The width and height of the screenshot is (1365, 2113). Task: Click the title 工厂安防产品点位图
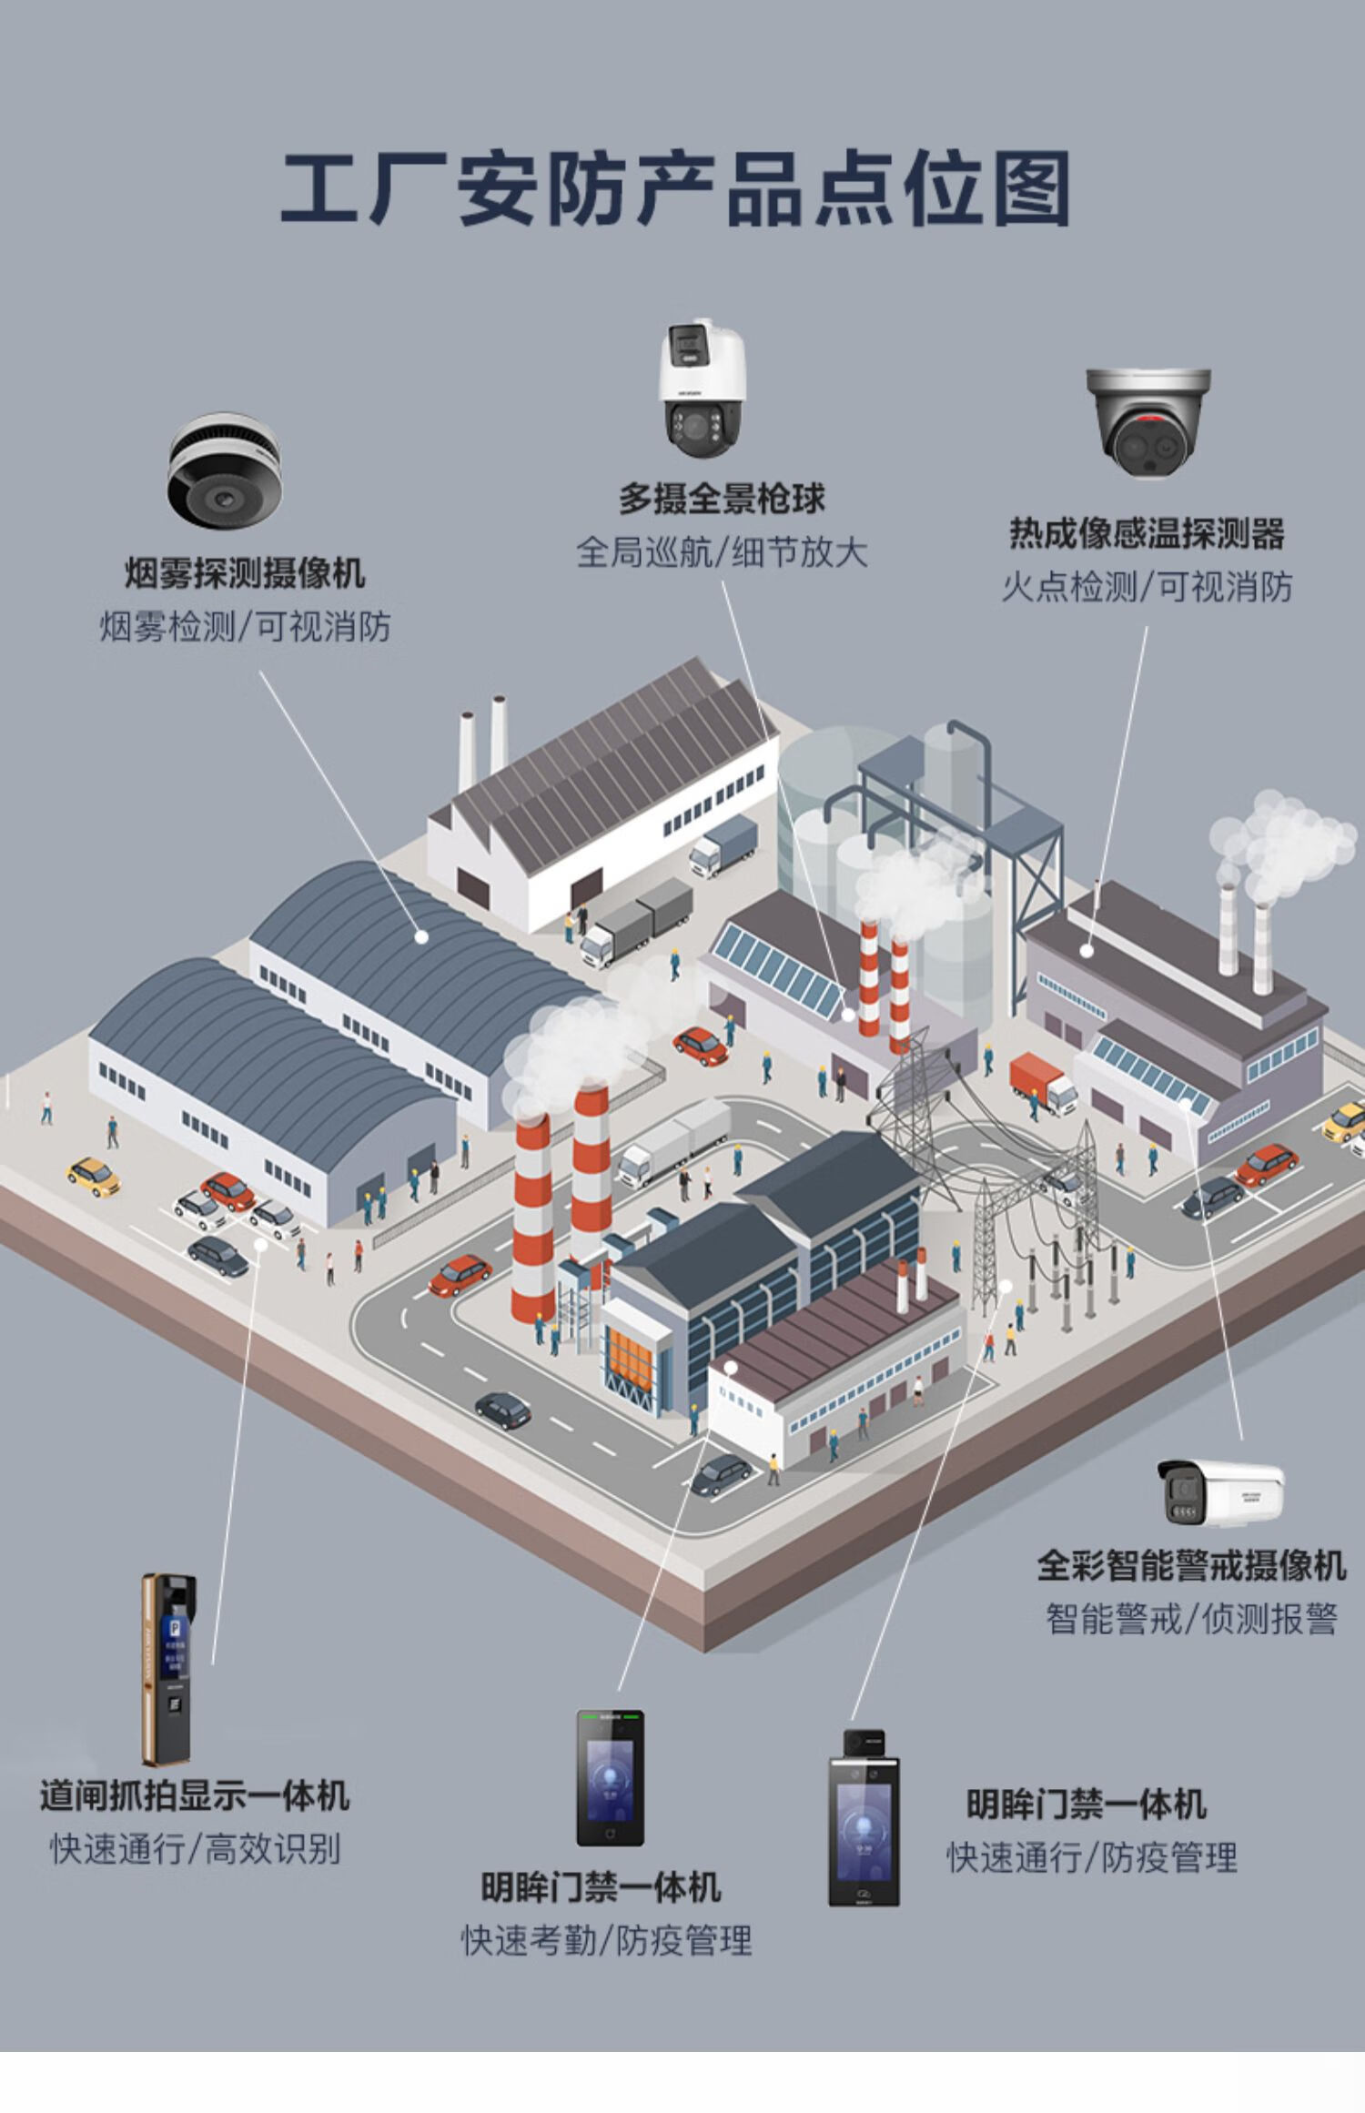675,188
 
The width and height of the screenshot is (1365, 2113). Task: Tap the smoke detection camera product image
223,470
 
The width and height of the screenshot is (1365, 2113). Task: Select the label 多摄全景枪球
722,499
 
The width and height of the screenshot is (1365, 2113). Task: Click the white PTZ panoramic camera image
702,389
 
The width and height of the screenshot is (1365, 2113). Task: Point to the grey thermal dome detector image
1148,421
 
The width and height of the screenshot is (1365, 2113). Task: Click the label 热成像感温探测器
1147,533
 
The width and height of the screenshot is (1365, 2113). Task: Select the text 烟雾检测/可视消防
245,627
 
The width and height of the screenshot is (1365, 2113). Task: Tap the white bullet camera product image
1220,1491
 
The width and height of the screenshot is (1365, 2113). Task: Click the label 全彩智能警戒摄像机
1190,1566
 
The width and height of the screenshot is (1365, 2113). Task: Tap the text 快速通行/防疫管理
1092,1857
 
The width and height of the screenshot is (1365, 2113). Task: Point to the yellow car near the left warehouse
94,1175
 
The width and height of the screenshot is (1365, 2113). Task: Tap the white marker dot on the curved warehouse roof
421,935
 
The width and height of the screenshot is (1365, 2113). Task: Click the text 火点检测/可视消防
1147,587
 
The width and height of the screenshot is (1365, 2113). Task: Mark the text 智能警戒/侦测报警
1190,1620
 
